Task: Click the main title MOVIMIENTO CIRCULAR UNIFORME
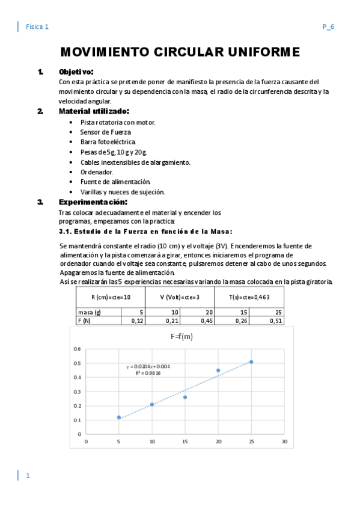coord(180,52)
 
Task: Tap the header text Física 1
coord(37,26)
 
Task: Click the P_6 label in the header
coord(328,26)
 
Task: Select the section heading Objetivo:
coord(76,72)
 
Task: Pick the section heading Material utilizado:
coord(93,111)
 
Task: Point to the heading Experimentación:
coord(93,202)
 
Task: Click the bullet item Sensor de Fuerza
coord(106,132)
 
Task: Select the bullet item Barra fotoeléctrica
coord(108,142)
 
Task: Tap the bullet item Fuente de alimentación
coord(115,182)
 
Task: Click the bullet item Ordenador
coord(97,172)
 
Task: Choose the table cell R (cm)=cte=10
coord(111,297)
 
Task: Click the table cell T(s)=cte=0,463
coord(249,297)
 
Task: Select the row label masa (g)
coord(90,312)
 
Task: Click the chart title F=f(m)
coord(182,337)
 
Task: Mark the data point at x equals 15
coord(185,397)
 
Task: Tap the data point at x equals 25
coord(251,362)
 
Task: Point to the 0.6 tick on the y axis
coord(77,349)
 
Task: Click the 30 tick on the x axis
coord(284,441)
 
